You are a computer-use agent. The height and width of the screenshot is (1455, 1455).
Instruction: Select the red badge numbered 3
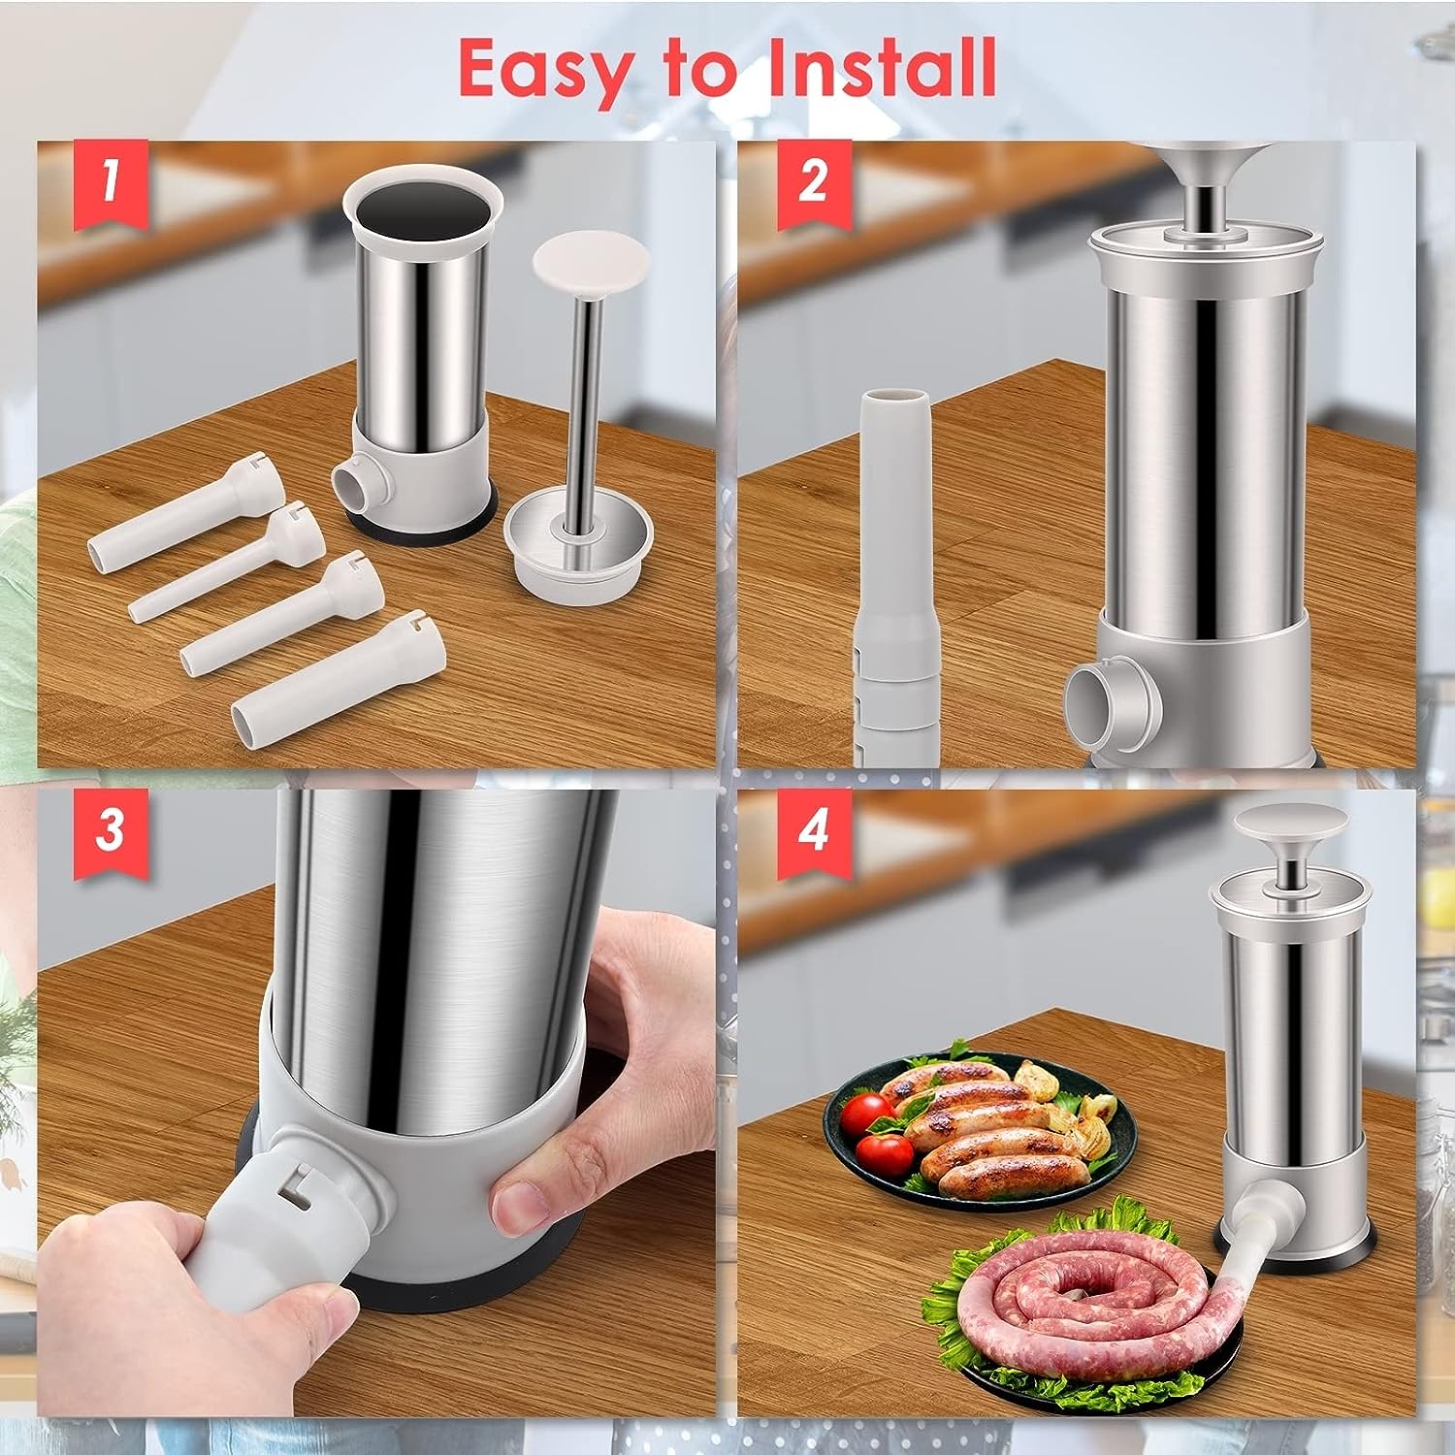pyautogui.click(x=111, y=830)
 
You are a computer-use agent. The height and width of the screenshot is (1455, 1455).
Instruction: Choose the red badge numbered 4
pyautogui.click(x=813, y=830)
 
